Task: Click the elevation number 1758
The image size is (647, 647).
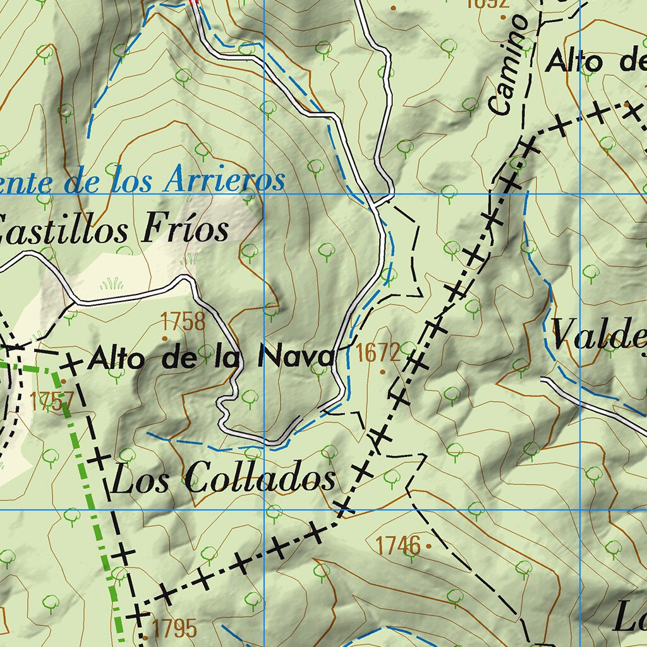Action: pyautogui.click(x=183, y=322)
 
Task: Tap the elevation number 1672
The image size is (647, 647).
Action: pyautogui.click(x=378, y=353)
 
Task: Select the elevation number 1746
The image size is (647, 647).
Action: pyautogui.click(x=398, y=545)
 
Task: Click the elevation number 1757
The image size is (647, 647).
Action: pyautogui.click(x=52, y=401)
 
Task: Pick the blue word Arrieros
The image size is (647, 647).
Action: pyautogui.click(x=223, y=181)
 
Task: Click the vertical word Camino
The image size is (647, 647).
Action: pyautogui.click(x=509, y=65)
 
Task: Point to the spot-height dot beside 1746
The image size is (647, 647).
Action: pyautogui.click(x=429, y=545)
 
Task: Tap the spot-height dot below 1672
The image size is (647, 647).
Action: pyautogui.click(x=382, y=372)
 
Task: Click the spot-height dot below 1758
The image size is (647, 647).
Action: pyautogui.click(x=165, y=338)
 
